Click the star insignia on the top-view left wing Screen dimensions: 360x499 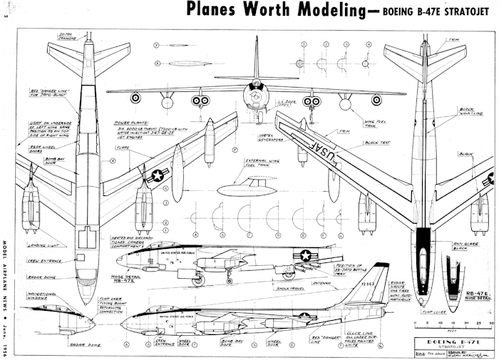click(x=158, y=173)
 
